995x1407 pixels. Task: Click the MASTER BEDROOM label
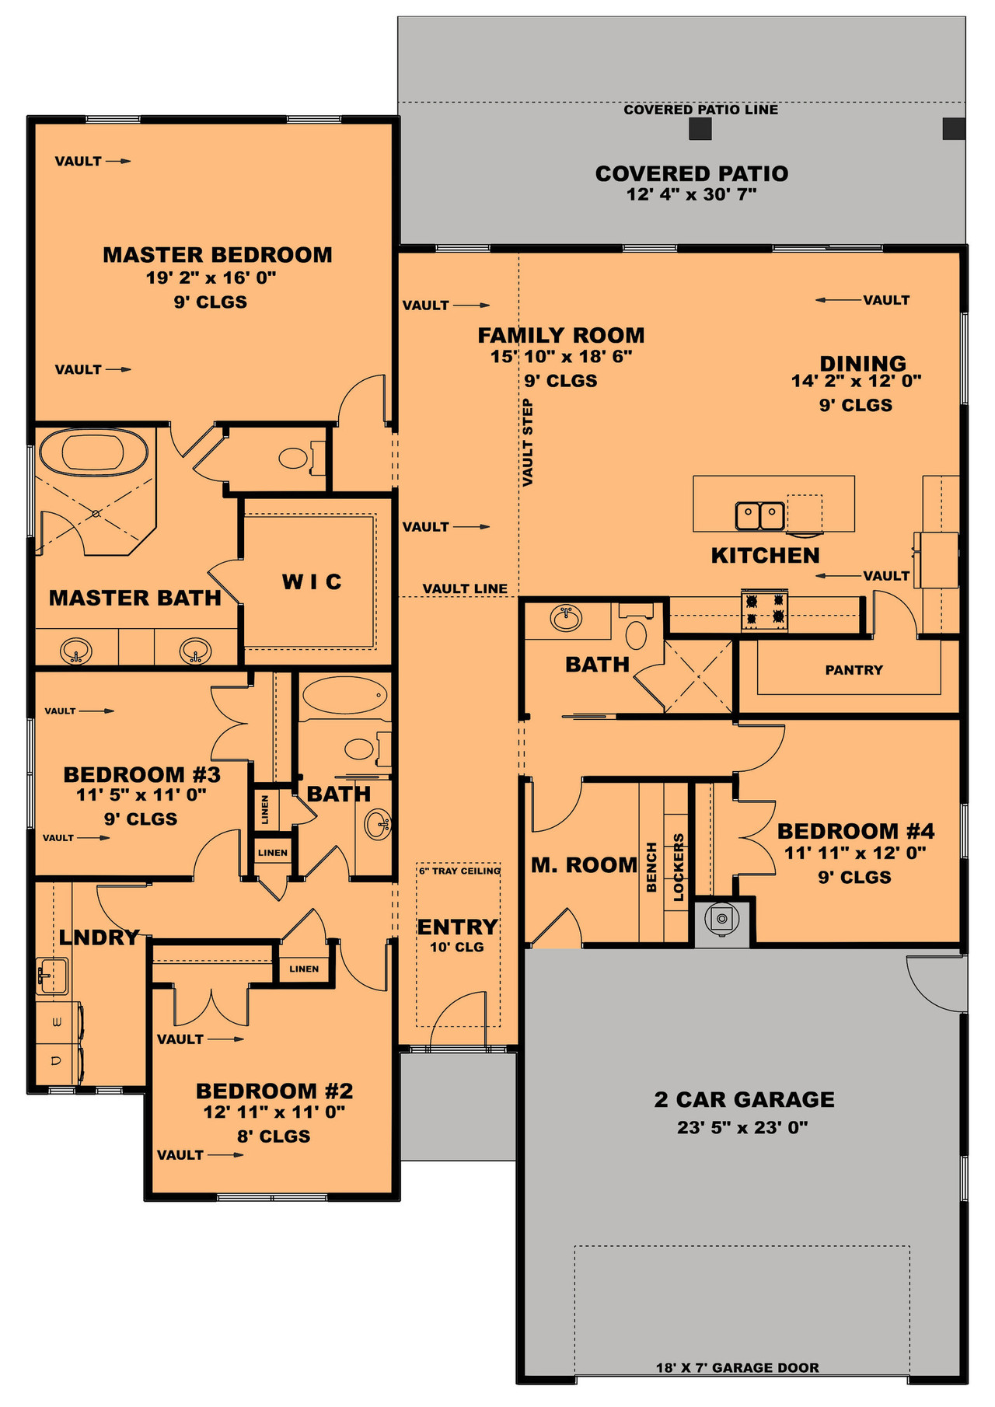218,255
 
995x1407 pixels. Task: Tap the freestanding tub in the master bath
93,452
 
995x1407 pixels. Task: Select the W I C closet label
312,581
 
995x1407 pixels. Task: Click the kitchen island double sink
759,515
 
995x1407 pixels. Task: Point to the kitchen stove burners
764,609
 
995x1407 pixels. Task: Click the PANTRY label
854,670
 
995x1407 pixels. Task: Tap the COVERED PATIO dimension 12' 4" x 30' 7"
691,195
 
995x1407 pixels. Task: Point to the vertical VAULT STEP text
528,443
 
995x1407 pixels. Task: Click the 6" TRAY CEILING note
459,871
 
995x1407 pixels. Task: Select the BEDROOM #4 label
856,831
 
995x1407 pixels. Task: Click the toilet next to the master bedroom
294,458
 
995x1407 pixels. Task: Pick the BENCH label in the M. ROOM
651,867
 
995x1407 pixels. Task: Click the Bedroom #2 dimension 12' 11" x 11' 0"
274,1112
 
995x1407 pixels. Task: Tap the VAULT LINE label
465,588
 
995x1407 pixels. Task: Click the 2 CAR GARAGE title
744,1099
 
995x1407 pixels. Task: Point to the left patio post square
700,129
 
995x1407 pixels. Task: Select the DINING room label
863,363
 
